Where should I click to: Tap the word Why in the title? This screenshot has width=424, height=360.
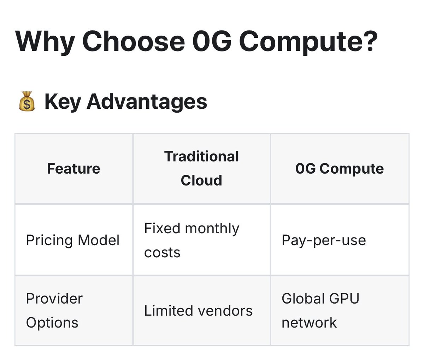pos(45,42)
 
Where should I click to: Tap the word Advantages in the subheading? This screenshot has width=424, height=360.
pos(147,102)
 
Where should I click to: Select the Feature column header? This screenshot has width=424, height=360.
pos(73,169)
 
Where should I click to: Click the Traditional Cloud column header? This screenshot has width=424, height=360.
pos(201,168)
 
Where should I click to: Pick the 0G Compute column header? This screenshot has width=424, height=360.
pos(340,169)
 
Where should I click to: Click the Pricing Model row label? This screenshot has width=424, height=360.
pos(73,240)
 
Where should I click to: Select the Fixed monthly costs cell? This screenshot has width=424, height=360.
pos(192,240)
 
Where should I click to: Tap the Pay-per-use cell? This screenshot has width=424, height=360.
pos(324,240)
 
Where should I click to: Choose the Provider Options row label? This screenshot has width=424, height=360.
pos(54,311)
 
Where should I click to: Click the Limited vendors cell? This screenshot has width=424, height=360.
pos(198,311)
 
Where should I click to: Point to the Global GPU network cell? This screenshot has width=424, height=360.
pos(320,311)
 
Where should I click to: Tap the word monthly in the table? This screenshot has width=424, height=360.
pos(212,229)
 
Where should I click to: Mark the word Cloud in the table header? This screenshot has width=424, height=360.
pos(201,180)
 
